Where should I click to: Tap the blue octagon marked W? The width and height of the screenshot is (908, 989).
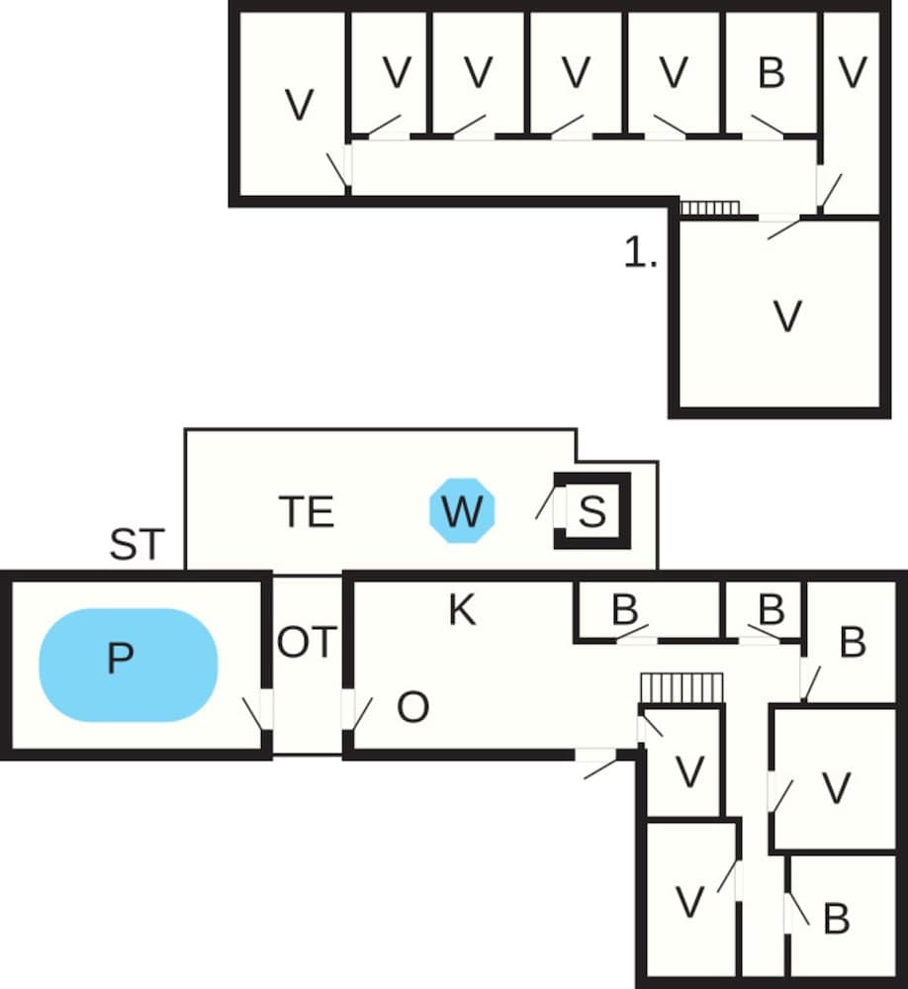[x=462, y=511]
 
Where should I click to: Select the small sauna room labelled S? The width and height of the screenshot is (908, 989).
[x=591, y=511]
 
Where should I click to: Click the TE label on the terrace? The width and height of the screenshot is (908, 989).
[x=306, y=512]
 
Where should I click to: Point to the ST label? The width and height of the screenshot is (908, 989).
[x=136, y=545]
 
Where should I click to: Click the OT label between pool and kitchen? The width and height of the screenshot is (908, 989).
[x=307, y=643]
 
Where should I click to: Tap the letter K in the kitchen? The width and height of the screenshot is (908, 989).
[x=462, y=611]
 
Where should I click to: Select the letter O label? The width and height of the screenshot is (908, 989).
[x=412, y=708]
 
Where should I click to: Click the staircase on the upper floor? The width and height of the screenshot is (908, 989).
[x=709, y=208]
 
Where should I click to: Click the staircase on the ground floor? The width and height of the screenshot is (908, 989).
[x=681, y=687]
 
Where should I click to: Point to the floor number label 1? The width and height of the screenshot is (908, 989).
[x=641, y=254]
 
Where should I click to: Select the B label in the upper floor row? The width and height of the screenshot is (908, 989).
[x=771, y=72]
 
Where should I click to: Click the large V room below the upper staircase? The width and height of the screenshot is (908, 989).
[x=786, y=316]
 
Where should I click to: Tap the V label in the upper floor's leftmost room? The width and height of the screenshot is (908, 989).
[x=298, y=104]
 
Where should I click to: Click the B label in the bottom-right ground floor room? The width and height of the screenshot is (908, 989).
[x=836, y=919]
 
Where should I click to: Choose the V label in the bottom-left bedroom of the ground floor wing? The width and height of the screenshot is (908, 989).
[x=689, y=902]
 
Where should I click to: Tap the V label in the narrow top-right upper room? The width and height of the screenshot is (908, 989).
[x=852, y=72]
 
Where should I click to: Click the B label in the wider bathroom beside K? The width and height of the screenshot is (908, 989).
[x=624, y=610]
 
